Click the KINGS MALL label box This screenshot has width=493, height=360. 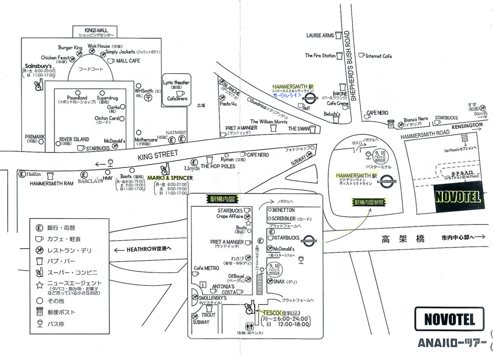click(96, 32)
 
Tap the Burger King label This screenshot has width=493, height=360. click(70, 48)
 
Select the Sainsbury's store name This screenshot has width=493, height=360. click(38, 66)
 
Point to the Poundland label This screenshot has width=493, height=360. click(77, 97)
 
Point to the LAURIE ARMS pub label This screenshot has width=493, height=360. click(320, 36)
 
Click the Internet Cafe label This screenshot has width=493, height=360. click(379, 56)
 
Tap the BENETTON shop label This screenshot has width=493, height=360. click(284, 210)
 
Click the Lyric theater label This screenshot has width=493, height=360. click(176, 83)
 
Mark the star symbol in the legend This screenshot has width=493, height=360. click(39, 285)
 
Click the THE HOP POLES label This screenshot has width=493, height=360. click(218, 166)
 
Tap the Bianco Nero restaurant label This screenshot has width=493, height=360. click(416, 119)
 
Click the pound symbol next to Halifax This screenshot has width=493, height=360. click(21, 174)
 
